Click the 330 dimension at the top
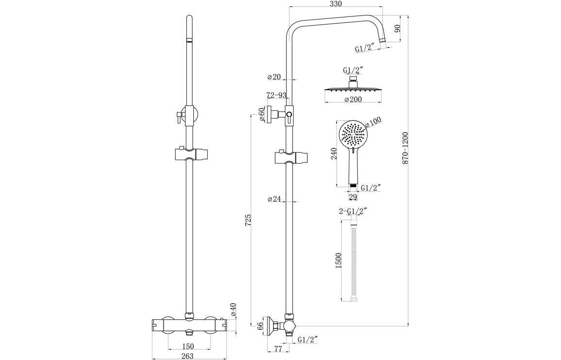335,4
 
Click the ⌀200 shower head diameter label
354,99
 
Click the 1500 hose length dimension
339,261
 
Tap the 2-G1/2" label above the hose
353,211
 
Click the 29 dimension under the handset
353,197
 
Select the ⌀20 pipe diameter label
274,77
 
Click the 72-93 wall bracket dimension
276,95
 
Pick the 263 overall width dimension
187,356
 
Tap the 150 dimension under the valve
188,346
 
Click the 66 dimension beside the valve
260,326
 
